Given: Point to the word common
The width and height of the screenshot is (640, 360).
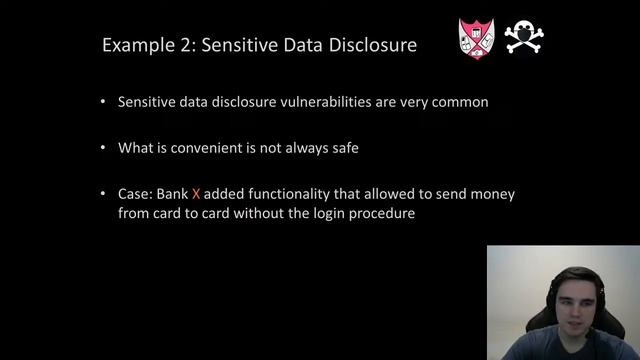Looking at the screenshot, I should [x=459, y=102].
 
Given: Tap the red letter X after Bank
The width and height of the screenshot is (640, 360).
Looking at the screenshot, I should [x=196, y=194].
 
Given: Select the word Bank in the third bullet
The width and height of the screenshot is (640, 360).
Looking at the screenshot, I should [x=172, y=194].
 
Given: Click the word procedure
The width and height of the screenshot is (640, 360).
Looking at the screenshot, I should [x=382, y=214].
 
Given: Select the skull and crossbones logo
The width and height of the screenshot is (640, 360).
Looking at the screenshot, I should [x=523, y=37].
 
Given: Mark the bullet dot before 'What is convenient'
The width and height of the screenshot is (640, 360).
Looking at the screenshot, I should [x=105, y=148].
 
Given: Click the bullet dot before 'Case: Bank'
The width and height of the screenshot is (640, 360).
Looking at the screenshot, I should [x=105, y=194].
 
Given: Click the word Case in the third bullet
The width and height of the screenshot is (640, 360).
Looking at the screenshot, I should [x=134, y=194].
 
